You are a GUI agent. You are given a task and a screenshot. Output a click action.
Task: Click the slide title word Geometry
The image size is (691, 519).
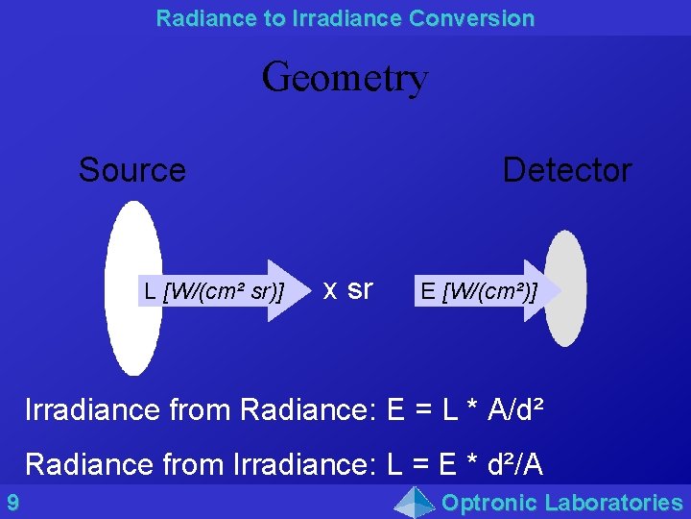click(x=345, y=77)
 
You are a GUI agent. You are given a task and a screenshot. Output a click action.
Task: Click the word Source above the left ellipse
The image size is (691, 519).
click(x=131, y=170)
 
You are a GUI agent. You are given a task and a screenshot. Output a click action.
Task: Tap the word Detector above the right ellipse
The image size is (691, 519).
click(x=566, y=170)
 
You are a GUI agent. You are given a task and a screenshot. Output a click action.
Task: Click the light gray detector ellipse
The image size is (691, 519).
click(x=568, y=327)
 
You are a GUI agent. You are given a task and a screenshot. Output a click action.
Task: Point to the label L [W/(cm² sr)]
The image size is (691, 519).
click(x=213, y=290)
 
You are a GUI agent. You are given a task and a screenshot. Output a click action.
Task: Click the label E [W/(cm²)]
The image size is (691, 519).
click(x=478, y=290)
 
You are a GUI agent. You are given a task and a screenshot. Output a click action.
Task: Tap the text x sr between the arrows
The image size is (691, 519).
click(x=347, y=288)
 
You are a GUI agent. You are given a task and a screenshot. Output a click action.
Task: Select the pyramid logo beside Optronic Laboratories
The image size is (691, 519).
click(x=416, y=502)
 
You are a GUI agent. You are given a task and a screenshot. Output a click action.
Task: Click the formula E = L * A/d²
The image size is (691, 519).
click(x=467, y=409)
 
